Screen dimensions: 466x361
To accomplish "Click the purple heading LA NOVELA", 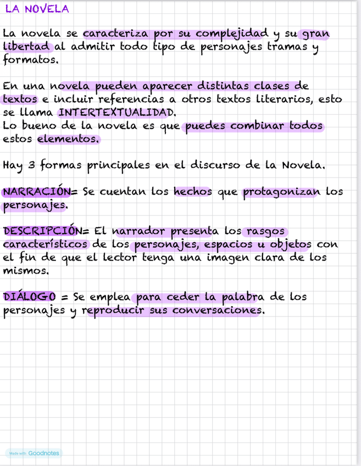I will [x=37, y=9].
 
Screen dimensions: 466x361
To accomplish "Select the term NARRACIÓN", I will [x=36, y=192].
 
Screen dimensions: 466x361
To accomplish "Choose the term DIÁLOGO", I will [x=30, y=297].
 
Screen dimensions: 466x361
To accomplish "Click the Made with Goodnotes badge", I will [x=34, y=453].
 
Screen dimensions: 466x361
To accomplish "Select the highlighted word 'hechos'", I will [x=192, y=192].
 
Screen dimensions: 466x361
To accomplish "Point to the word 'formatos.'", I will [x=31, y=60].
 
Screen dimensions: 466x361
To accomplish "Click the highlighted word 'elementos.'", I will [x=69, y=139].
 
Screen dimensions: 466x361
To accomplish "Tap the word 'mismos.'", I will [x=26, y=270].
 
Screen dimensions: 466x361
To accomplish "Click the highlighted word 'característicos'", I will [x=46, y=244].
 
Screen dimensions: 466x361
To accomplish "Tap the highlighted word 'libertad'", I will [x=27, y=47].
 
